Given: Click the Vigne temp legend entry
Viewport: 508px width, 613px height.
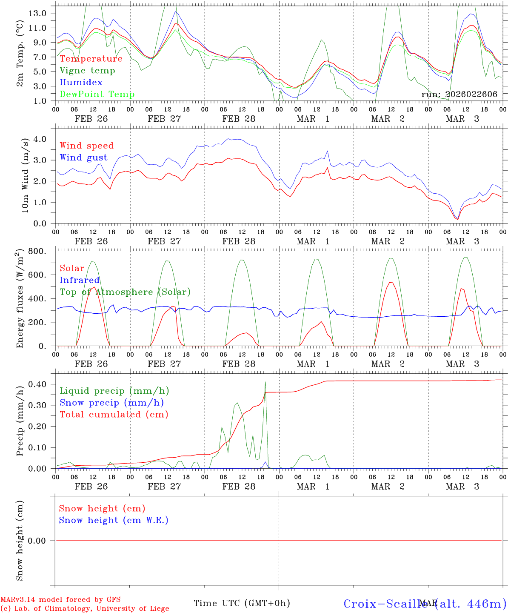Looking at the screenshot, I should [87, 71].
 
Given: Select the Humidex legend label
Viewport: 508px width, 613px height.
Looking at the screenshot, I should [81, 83].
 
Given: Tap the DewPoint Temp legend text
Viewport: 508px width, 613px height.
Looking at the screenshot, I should [97, 95].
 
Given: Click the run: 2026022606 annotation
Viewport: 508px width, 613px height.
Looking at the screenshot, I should [459, 95].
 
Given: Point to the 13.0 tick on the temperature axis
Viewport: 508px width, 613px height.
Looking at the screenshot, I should [38, 13].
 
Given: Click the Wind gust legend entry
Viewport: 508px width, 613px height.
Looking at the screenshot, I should [83, 158].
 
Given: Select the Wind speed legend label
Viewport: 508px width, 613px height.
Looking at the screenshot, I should [87, 146].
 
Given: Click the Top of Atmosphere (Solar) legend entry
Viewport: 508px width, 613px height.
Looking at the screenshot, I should [125, 292].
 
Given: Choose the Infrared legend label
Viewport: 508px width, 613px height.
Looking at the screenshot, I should [80, 280].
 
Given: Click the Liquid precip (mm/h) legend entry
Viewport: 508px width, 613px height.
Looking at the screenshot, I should [114, 391].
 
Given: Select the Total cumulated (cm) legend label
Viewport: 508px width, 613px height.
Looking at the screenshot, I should [114, 415].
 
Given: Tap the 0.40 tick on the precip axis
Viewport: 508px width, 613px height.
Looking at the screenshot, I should [40, 384].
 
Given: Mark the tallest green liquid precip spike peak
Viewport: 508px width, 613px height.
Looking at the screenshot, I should [265, 382].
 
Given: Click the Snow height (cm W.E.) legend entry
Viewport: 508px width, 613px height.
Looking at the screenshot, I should [114, 520].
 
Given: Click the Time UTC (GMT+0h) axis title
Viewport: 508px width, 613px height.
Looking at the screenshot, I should [242, 603].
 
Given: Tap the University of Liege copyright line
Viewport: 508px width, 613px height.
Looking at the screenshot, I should [85, 609].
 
